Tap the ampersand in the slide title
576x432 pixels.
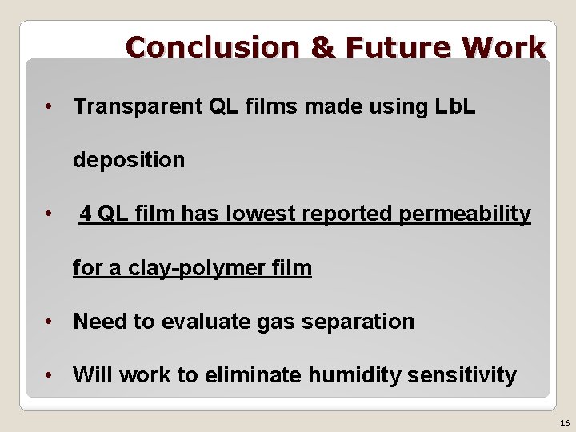click(322, 48)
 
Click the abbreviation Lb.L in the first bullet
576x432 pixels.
click(454, 106)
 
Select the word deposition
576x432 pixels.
click(129, 160)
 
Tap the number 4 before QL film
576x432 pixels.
click(85, 214)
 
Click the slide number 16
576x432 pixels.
click(565, 422)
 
